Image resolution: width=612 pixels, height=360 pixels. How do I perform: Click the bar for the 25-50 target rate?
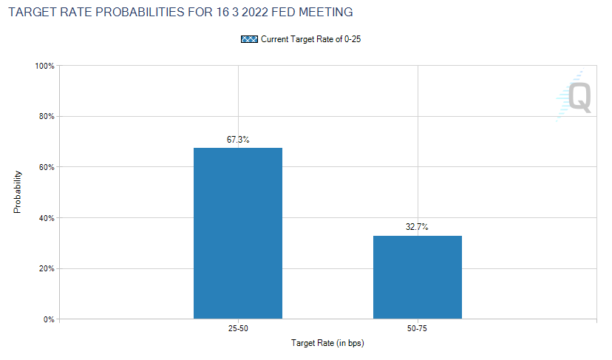[238, 234]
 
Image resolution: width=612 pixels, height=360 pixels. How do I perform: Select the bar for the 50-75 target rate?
[417, 277]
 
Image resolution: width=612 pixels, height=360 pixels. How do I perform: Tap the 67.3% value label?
[238, 140]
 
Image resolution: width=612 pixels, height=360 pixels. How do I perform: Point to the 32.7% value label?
[417, 226]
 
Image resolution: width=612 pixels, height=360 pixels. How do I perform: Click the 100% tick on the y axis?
[44, 66]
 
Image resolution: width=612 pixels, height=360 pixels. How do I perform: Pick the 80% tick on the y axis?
[47, 116]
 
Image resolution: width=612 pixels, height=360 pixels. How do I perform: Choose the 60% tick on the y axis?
[47, 167]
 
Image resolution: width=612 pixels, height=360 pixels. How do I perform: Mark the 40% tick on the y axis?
[47, 218]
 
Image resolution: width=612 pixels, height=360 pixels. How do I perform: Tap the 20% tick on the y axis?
[47, 268]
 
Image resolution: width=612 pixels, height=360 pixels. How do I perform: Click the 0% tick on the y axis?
[49, 319]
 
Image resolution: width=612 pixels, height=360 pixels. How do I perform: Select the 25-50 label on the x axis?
[238, 328]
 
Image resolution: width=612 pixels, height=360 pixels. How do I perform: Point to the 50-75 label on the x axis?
[417, 328]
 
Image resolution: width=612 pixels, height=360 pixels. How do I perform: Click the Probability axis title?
[17, 192]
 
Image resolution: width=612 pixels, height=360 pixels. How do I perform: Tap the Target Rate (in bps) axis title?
[327, 343]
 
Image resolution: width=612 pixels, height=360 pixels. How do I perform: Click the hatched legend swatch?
[249, 39]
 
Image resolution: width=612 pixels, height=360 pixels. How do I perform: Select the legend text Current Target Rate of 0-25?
[310, 39]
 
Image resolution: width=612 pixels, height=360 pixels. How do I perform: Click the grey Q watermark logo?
[579, 98]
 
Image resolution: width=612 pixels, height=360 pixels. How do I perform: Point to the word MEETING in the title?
[326, 12]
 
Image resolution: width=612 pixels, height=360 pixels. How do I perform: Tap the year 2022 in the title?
[255, 12]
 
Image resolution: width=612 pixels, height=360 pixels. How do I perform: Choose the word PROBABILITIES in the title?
[140, 12]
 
